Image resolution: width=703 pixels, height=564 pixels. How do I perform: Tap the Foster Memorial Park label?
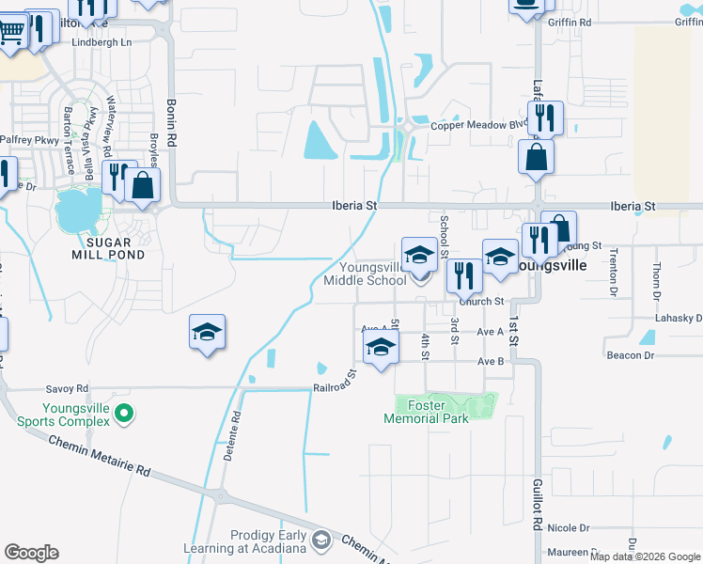(432, 412)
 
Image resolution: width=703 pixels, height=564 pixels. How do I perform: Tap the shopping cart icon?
(11, 32)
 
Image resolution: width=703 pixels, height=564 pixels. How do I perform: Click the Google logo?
(31, 553)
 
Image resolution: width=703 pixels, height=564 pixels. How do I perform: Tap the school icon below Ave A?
(381, 349)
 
